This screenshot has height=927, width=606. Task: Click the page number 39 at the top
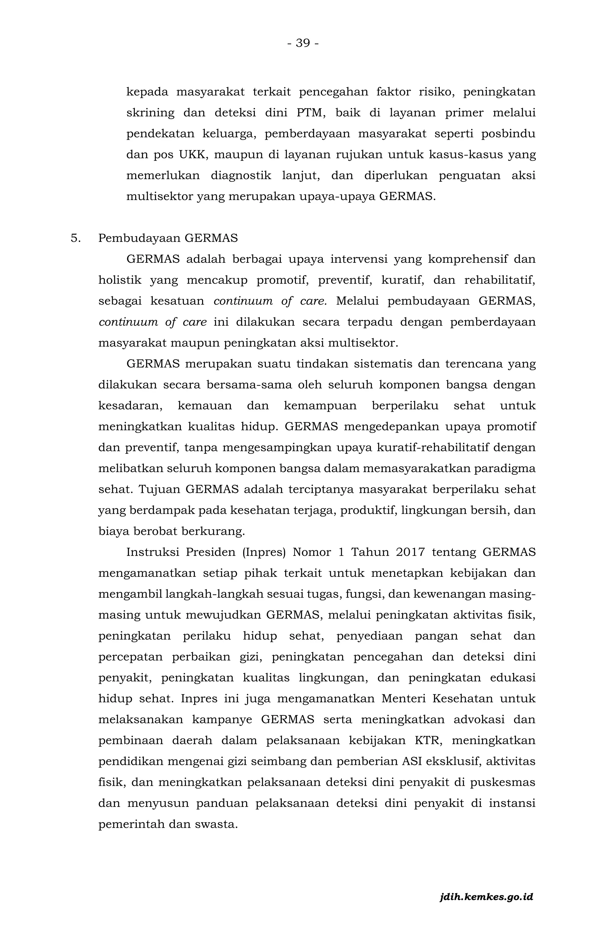pos(303,43)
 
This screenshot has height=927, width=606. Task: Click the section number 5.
pos(75,238)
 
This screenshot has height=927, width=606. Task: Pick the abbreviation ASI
pos(411,761)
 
